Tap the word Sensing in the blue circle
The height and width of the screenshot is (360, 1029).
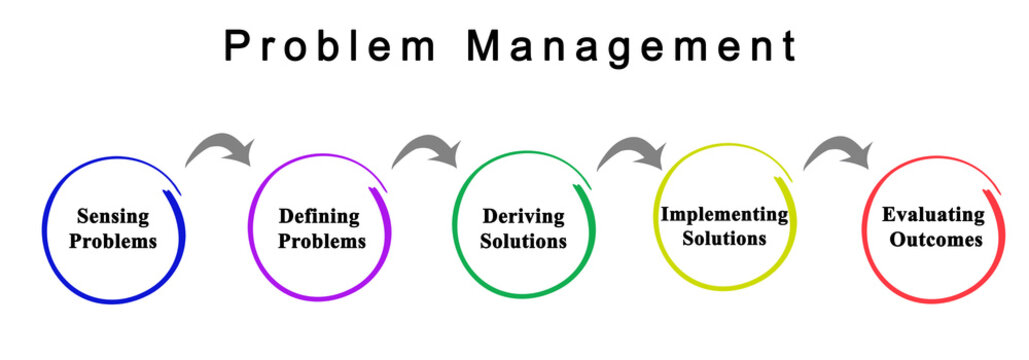(113, 216)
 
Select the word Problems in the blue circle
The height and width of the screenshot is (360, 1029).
(113, 241)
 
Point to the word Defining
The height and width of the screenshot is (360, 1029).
(319, 216)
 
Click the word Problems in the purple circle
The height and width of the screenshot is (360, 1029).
(322, 241)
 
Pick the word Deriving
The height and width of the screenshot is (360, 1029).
(523, 216)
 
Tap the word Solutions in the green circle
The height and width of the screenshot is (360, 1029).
(523, 241)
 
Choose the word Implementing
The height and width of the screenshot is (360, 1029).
(724, 214)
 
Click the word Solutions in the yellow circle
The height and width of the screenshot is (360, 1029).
(724, 238)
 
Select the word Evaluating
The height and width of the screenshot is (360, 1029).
(933, 215)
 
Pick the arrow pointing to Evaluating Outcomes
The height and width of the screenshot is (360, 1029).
(840, 152)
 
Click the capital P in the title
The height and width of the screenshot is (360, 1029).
(236, 46)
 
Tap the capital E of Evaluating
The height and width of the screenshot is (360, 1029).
(888, 215)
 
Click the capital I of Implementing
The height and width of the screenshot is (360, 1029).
(665, 214)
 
